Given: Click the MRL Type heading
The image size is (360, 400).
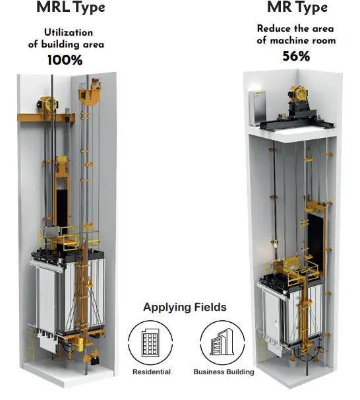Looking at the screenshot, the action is tap(71, 7).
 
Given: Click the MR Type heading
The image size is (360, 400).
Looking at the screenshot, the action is tap(297, 7).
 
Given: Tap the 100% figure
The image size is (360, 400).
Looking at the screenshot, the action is tap(65, 60).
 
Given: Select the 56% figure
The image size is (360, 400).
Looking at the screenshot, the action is tap(296, 56).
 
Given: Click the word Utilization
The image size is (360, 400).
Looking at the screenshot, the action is tap(69, 32).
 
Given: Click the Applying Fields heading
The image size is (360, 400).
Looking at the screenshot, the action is tap(185, 307).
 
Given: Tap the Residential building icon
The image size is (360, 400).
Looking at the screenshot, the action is tap(150, 343).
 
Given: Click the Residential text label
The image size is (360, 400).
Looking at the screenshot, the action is tap(152, 372).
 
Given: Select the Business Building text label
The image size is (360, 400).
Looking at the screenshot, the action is tap(224, 372).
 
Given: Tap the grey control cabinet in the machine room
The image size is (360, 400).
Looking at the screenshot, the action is tap(257, 108).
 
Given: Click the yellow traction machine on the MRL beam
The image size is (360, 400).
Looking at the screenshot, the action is tap(49, 104).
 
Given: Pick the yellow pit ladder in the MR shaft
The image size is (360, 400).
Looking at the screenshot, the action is tap(261, 350).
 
